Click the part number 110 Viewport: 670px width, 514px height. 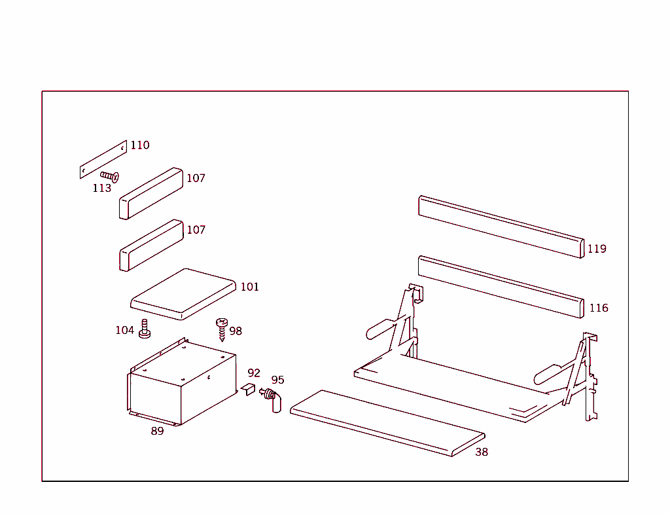pos(139,145)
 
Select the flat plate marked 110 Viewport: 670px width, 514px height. pos(103,159)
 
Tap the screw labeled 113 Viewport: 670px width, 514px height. pos(110,176)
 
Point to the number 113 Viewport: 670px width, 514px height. pos(101,189)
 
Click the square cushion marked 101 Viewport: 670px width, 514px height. pos(183,294)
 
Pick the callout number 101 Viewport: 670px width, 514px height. pos(249,287)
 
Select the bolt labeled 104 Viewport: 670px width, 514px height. pos(145,329)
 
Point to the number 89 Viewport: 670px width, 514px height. pos(157,431)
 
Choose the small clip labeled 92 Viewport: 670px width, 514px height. pos(247,390)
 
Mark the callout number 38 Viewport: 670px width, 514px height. pos(482,452)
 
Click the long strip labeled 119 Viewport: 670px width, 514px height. pos(501,227)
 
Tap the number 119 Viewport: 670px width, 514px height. pos(597,249)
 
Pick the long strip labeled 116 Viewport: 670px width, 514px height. pos(501,287)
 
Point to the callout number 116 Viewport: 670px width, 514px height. pos(598,308)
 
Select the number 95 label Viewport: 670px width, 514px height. pos(277,380)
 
